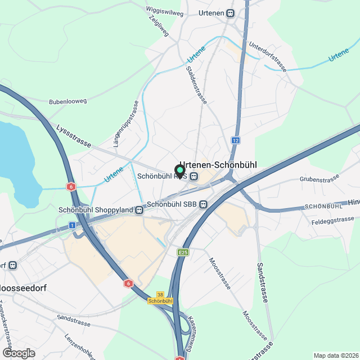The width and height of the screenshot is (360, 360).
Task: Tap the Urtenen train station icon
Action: coord(231,13)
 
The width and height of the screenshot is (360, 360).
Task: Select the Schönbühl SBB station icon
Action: coord(203,204)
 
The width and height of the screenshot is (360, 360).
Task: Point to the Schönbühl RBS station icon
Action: coord(193,176)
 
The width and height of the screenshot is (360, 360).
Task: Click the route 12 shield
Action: coord(235,140)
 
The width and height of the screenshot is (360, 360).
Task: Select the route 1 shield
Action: coord(73,225)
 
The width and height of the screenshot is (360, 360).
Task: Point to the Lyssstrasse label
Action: coord(74,136)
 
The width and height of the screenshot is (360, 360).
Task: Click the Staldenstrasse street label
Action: coord(196,85)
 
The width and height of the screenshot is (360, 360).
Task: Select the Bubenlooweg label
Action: coord(67,101)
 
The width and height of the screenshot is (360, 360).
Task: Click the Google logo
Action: coord(18,353)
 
